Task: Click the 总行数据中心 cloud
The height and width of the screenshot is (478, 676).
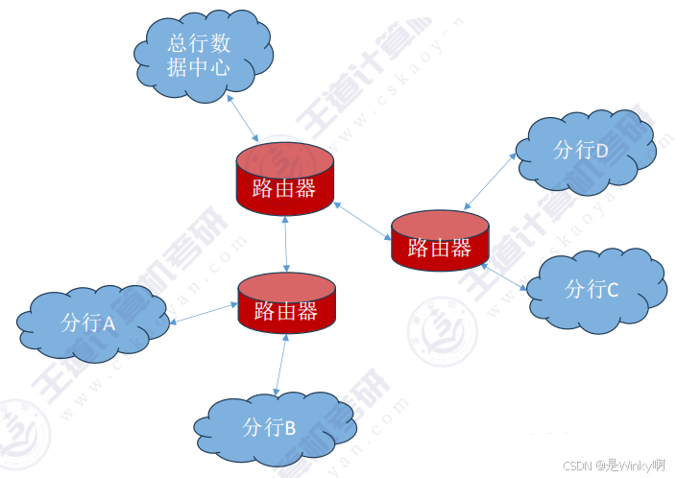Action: pos(199,55)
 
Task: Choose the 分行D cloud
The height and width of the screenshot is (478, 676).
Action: pos(583,151)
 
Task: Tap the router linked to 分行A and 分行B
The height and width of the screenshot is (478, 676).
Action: pos(286,303)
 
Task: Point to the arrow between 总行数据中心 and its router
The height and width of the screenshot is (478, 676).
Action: pos(245,120)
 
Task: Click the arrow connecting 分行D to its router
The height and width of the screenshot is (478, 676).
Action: pos(492,181)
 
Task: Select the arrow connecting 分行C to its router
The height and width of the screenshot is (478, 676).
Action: pos(506,276)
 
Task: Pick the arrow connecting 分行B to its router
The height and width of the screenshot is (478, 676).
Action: pos(280,365)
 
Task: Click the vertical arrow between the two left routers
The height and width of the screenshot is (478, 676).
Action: pos(287,244)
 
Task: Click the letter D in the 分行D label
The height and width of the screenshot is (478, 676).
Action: pos(602,151)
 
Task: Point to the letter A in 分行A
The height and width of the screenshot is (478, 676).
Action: pos(109,323)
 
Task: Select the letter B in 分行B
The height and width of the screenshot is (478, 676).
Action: pos(289,428)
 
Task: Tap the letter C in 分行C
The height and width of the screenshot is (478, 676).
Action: pos(613,289)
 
